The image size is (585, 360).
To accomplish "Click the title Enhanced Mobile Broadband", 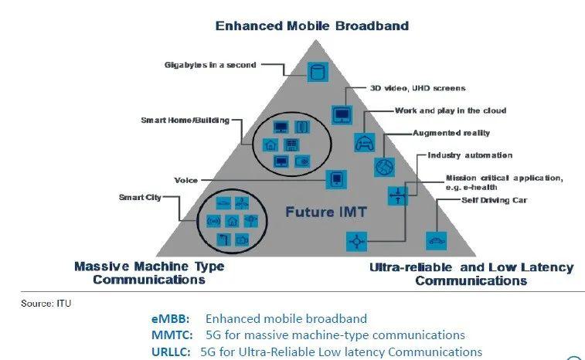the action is pyautogui.click(x=312, y=25).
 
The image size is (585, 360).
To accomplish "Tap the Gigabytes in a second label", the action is pyautogui.click(x=210, y=65).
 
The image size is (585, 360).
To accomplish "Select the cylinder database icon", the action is pyautogui.click(x=318, y=72).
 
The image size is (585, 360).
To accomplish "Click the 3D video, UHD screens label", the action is pyautogui.click(x=417, y=88).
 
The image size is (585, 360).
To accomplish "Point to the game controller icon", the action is pyautogui.click(x=365, y=142).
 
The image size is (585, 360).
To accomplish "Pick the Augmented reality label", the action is pyautogui.click(x=451, y=133).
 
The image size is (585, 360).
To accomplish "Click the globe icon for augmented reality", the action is pyautogui.click(x=384, y=167).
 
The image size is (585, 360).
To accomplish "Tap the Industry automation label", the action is pyautogui.click(x=470, y=155).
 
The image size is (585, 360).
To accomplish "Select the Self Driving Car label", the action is pyautogui.click(x=494, y=200).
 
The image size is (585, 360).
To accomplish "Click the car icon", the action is pyautogui.click(x=436, y=240).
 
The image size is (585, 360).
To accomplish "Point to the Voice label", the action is pyautogui.click(x=185, y=181).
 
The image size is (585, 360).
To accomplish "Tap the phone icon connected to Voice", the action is pyautogui.click(x=336, y=179).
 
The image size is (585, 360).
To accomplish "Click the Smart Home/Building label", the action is pyautogui.click(x=185, y=120).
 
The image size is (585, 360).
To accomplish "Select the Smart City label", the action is pyautogui.click(x=140, y=197).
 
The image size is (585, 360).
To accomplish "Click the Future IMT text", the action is pyautogui.click(x=326, y=212).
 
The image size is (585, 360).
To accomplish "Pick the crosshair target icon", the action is pyautogui.click(x=357, y=241).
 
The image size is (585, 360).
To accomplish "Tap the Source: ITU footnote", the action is pyautogui.click(x=46, y=304).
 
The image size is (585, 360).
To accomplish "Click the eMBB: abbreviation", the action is pyautogui.click(x=171, y=319).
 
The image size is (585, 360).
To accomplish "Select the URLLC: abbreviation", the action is pyautogui.click(x=171, y=352).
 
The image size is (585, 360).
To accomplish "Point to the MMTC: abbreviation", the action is pyautogui.click(x=172, y=335).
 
